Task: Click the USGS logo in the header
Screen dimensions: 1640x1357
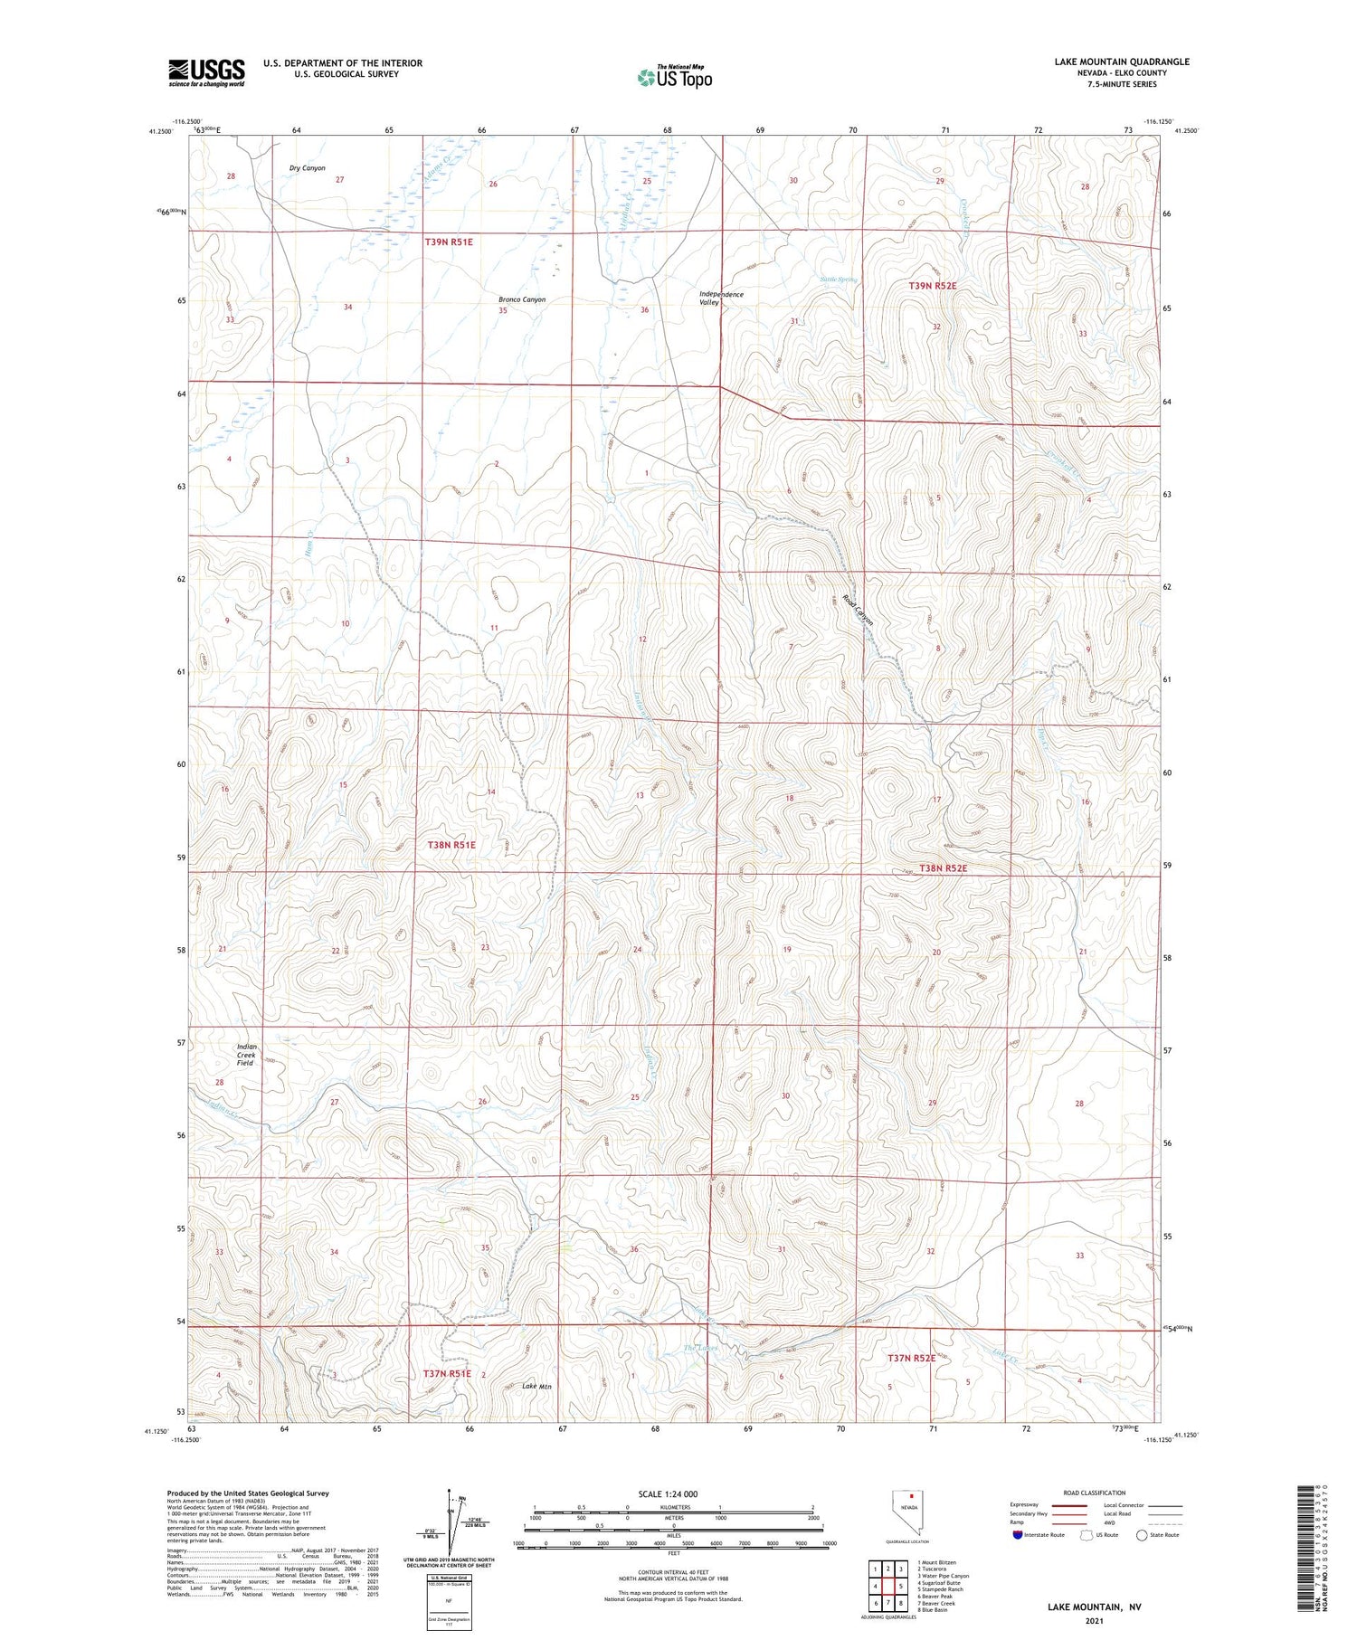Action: click(x=206, y=72)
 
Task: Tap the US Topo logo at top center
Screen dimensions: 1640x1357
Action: click(x=675, y=77)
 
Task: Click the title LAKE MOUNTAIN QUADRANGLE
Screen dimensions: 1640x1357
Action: click(x=1121, y=62)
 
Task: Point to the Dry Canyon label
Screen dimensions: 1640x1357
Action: click(x=307, y=168)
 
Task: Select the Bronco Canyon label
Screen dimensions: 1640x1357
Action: click(x=522, y=299)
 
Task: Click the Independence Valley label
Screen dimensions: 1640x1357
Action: click(x=721, y=299)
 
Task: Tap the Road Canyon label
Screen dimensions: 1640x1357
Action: click(x=858, y=610)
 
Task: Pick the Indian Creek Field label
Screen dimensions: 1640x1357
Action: click(x=246, y=1055)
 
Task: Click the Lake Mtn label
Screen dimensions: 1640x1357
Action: click(x=536, y=1386)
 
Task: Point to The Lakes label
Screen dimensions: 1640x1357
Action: click(x=700, y=1349)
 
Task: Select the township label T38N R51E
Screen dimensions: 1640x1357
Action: click(x=451, y=845)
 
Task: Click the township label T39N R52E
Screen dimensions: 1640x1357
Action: click(x=932, y=286)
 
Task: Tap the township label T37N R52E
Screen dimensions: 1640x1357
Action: click(x=911, y=1359)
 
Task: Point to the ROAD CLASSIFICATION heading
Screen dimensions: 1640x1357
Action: click(x=1094, y=1493)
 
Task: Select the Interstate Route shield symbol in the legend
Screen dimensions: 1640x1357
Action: click(x=1018, y=1535)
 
